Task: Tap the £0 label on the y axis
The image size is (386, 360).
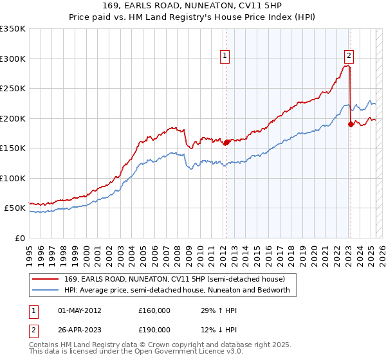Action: (x=20, y=238)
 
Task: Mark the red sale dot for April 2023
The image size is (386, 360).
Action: (x=351, y=125)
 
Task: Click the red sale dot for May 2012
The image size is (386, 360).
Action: (x=226, y=143)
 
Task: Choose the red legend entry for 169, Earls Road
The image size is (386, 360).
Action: (x=170, y=279)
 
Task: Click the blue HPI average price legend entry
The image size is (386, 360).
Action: (x=177, y=290)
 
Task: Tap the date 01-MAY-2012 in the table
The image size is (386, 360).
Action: (x=80, y=310)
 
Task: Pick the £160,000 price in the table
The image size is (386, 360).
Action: (x=154, y=310)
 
